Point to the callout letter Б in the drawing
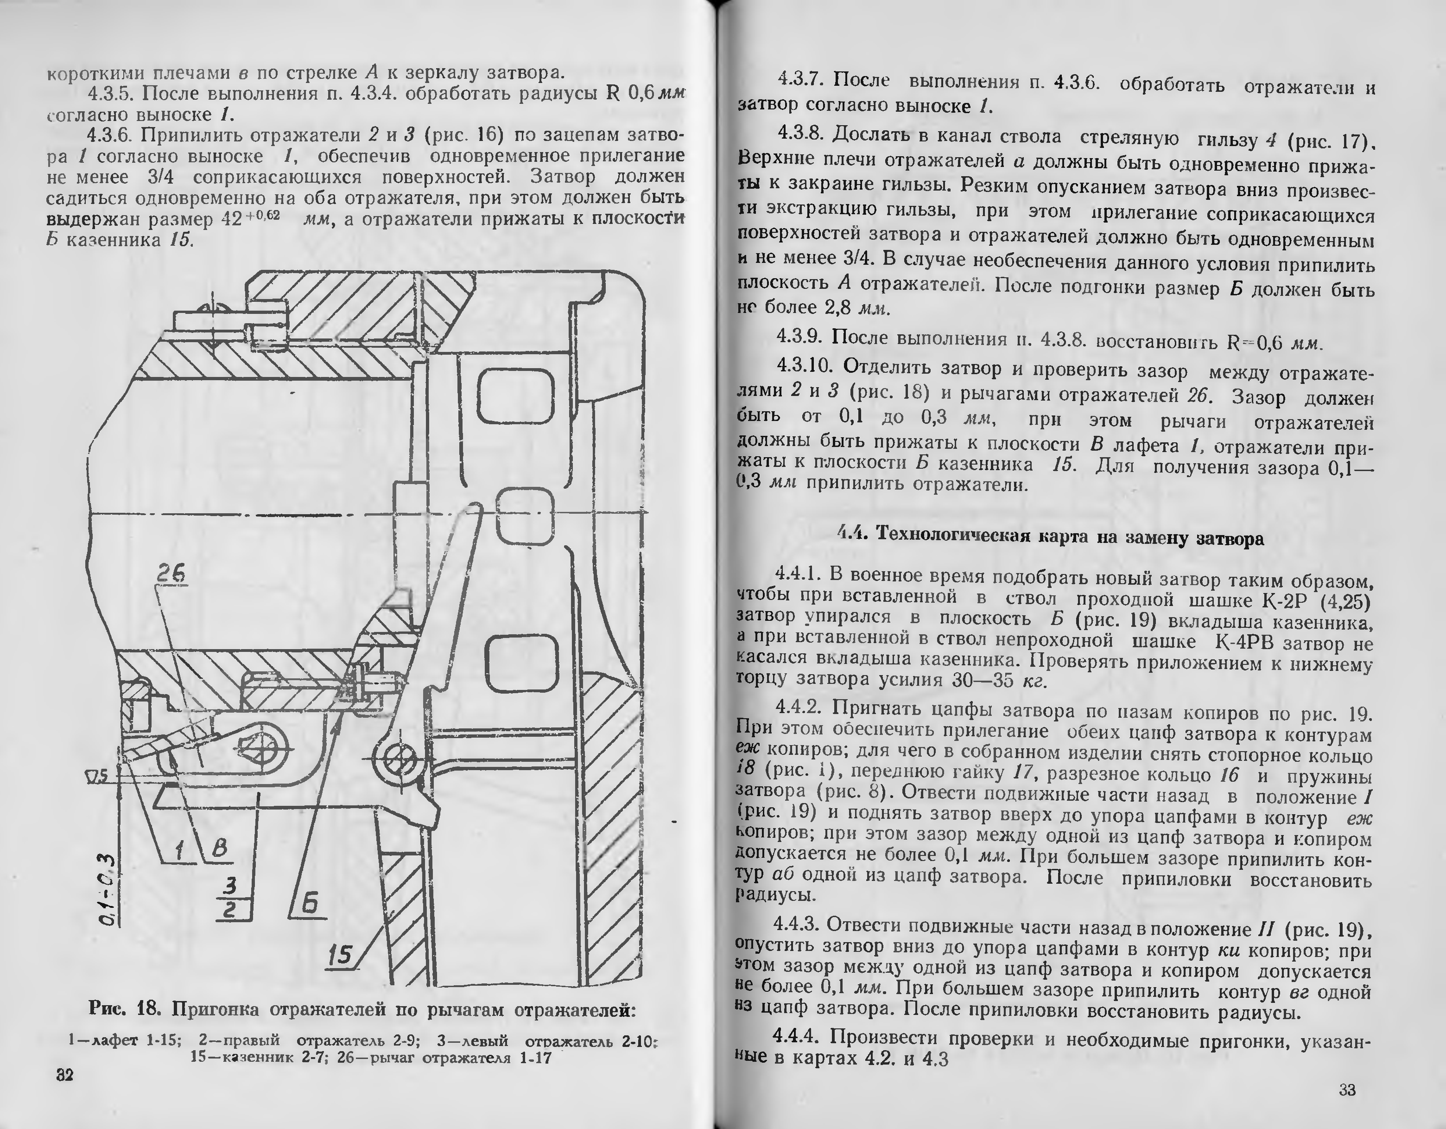tap(309, 903)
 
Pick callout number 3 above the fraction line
tap(230, 885)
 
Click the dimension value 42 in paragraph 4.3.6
tap(231, 219)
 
